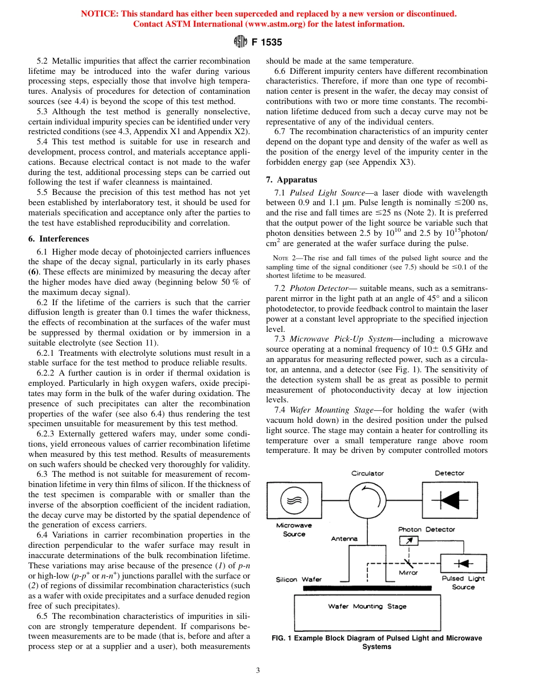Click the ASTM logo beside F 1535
point(239,41)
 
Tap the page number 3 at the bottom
point(257,670)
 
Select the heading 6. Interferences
point(59,239)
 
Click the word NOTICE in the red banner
point(99,14)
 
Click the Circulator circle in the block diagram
point(367,501)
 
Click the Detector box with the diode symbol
point(449,501)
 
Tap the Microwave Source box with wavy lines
point(294,500)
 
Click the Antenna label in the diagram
point(344,538)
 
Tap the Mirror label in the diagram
point(408,572)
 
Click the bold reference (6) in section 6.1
point(34,271)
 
